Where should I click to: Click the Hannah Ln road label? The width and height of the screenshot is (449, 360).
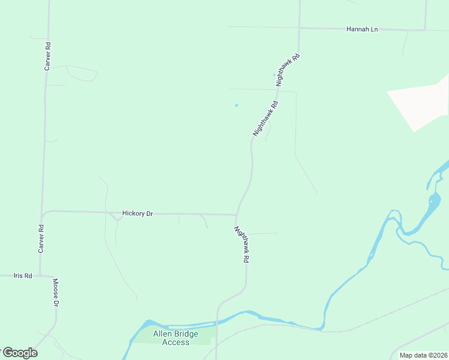point(362,29)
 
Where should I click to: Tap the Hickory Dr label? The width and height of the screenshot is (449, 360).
point(137,213)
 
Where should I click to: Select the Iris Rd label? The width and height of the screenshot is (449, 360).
point(23,275)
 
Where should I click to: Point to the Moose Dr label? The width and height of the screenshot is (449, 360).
point(55,293)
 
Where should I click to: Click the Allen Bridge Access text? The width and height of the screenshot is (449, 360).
point(172,338)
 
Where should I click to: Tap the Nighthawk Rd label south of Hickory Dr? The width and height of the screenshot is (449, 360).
point(241,245)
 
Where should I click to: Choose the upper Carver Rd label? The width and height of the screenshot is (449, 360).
point(47,56)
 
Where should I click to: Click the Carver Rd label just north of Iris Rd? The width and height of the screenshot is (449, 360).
point(41,238)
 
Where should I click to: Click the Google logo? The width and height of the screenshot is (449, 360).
point(19,353)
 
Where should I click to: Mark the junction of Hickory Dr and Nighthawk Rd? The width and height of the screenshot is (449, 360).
point(237,214)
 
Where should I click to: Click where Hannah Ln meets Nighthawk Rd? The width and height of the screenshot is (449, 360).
point(299,28)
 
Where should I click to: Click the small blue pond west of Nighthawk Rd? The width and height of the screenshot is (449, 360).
point(236,106)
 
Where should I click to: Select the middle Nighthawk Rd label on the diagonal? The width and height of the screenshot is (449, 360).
point(265,119)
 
